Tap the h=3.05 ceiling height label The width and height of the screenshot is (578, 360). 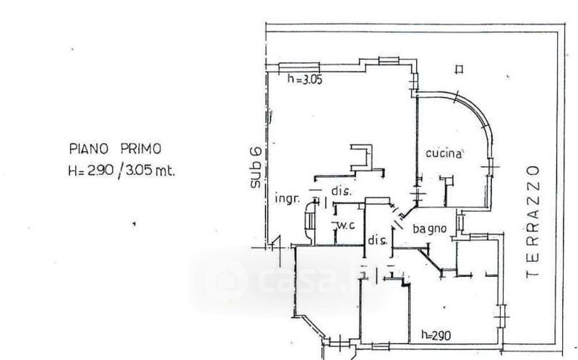[x=304, y=80]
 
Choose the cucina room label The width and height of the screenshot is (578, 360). [x=444, y=153]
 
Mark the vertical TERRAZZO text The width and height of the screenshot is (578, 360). [x=534, y=220]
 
